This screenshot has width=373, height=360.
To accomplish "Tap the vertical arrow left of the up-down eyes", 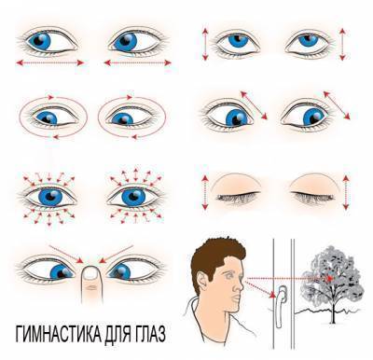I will (202, 42).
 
